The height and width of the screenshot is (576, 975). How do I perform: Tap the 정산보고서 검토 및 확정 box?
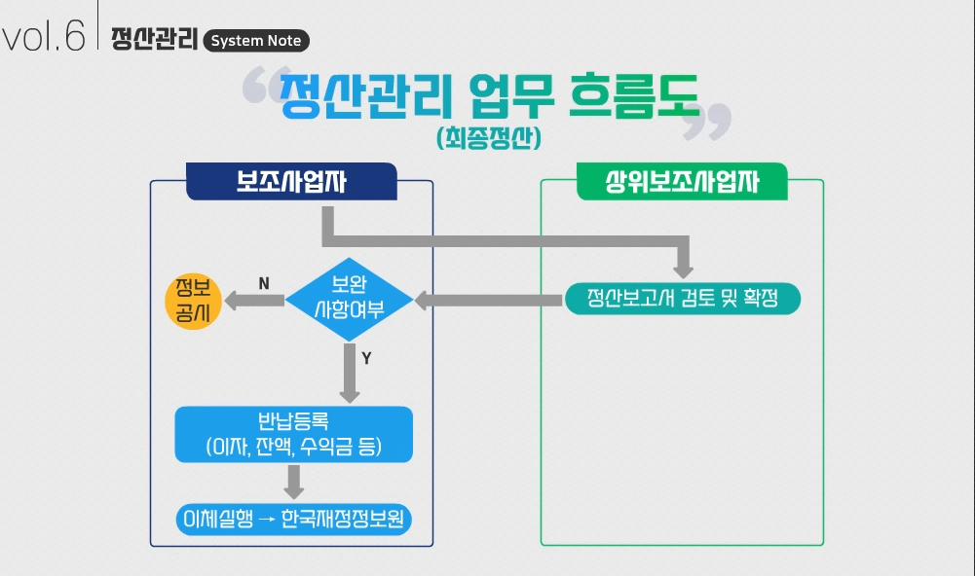coord(683,299)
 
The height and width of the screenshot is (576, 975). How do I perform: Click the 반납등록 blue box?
coord(294,434)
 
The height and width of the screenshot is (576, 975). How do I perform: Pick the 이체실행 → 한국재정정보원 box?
coord(294,518)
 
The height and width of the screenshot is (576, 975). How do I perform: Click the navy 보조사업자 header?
coord(291,182)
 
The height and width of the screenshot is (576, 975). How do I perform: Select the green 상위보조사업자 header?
coord(682,182)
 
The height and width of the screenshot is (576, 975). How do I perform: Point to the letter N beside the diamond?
coord(264,283)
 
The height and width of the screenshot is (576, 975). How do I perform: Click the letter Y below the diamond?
coord(366,358)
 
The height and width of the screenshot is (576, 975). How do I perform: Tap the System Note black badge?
coord(257,41)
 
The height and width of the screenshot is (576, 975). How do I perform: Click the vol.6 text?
coord(44,38)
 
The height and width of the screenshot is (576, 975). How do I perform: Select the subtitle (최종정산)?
coord(489,137)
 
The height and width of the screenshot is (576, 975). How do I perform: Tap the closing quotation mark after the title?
coord(718,120)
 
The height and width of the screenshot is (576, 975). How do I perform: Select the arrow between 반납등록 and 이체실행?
coord(294,481)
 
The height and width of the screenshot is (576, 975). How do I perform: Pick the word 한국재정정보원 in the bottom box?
coord(341,518)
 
